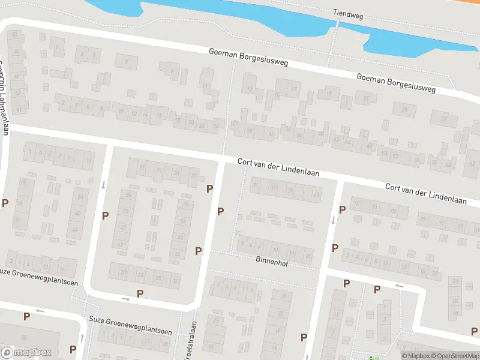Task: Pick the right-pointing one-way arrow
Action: pos(125,298)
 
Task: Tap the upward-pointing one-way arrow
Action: pos(82,337)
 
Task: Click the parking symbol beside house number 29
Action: pos(209,188)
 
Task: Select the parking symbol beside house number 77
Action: pos(342,209)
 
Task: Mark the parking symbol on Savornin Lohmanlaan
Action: pos(5,203)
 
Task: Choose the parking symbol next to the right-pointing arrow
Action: pos(140,293)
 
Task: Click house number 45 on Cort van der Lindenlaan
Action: pos(317,194)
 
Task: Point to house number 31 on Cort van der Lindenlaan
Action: pos(256,185)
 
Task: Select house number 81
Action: pos(376,208)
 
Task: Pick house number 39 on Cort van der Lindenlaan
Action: pos(290,191)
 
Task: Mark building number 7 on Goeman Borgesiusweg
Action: pos(126,62)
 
